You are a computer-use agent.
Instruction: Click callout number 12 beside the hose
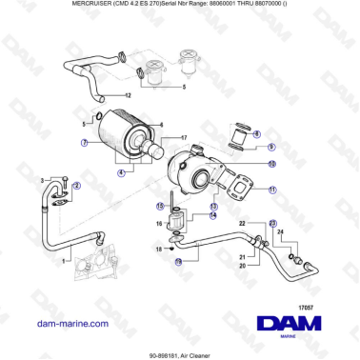pyautogui.click(x=128, y=96)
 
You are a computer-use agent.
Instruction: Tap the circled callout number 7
pyautogui.click(x=84, y=143)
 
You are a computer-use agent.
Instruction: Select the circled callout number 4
pyautogui.click(x=122, y=172)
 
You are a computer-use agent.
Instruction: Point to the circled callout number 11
pyautogui.click(x=272, y=190)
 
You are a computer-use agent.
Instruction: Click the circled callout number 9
pyautogui.click(x=270, y=147)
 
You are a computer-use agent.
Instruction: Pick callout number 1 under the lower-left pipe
pyautogui.click(x=64, y=260)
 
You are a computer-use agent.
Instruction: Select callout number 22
pyautogui.click(x=243, y=223)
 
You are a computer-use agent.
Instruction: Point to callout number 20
pyautogui.click(x=243, y=266)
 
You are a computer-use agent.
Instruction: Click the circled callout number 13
pyautogui.click(x=214, y=206)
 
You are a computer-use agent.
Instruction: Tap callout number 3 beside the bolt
pyautogui.click(x=42, y=180)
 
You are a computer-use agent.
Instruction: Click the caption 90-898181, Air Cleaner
pyautogui.click(x=180, y=354)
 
